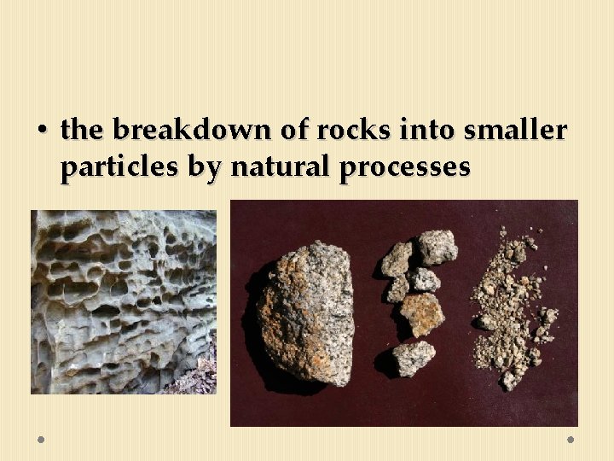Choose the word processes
[x=404, y=168]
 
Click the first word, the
[x=82, y=131]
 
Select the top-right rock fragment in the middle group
[x=437, y=246]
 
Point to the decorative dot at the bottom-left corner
[x=41, y=440]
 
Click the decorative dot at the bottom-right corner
[x=571, y=440]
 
